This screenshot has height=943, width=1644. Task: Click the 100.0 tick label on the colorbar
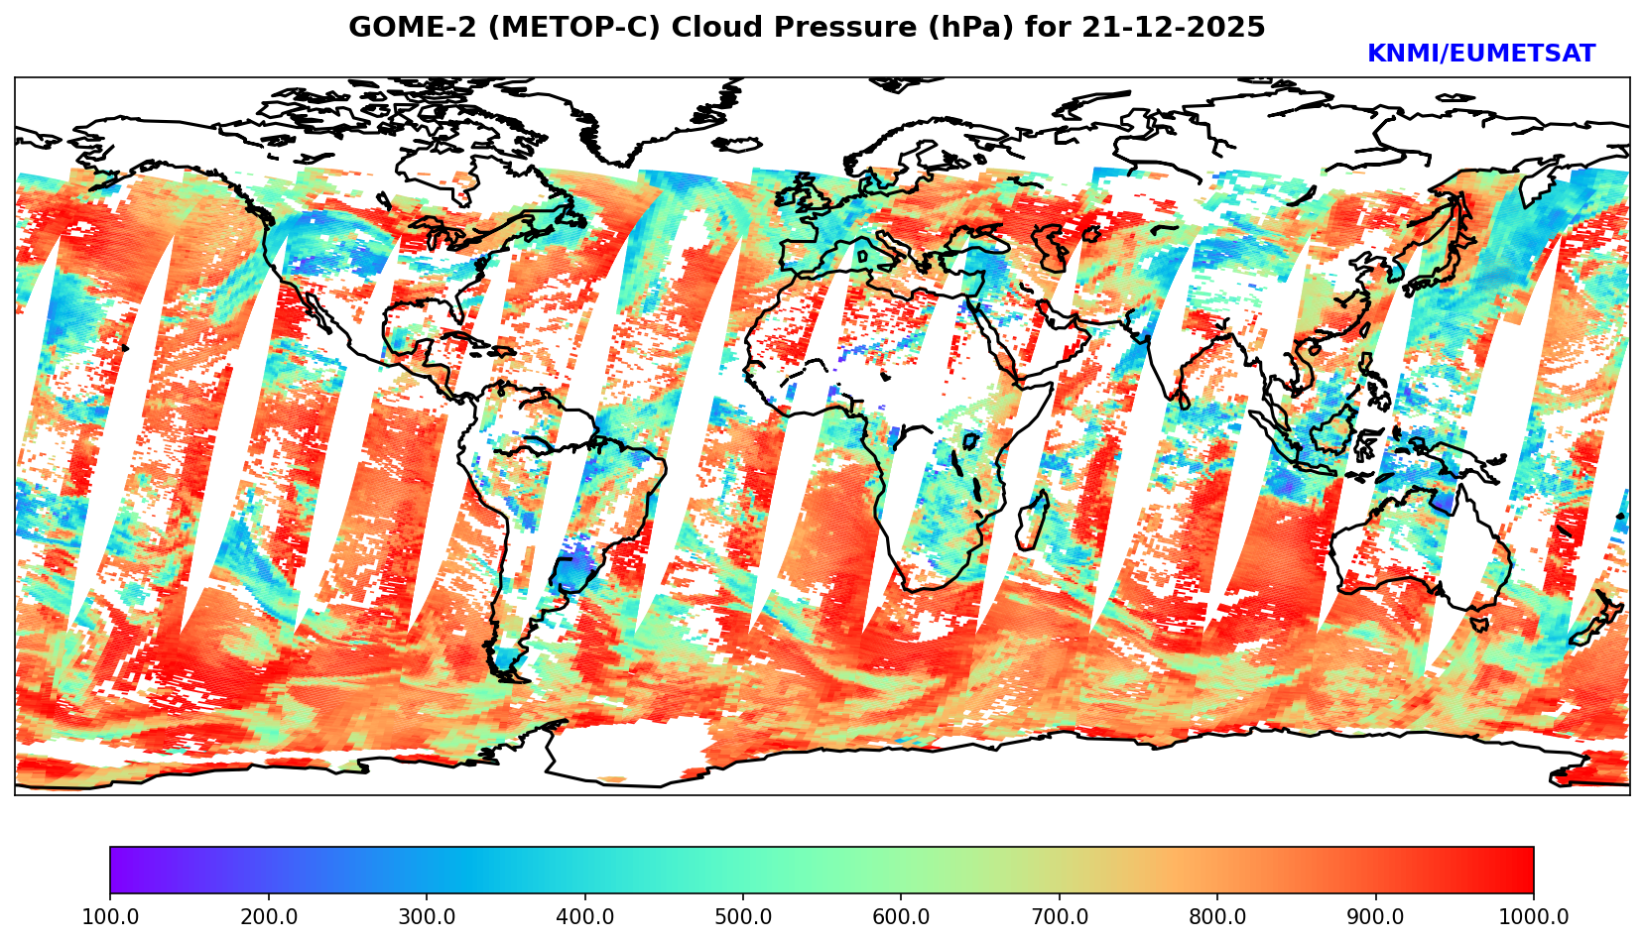[x=110, y=917]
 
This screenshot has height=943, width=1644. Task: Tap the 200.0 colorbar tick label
[x=268, y=917]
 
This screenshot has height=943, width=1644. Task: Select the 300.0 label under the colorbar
[x=427, y=917]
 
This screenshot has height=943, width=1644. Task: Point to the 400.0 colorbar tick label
[x=584, y=917]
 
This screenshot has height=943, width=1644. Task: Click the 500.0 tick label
[x=743, y=917]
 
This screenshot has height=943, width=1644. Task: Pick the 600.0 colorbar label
[x=901, y=917]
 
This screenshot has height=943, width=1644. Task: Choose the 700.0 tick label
[x=1060, y=917]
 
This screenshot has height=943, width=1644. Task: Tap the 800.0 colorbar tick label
[x=1217, y=917]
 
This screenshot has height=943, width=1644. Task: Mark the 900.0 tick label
[x=1376, y=917]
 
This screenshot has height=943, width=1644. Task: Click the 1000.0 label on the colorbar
[x=1534, y=917]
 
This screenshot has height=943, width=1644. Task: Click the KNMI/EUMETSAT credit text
[x=1480, y=55]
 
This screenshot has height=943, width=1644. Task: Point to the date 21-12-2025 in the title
[x=1174, y=28]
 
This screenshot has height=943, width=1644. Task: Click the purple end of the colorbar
[x=117, y=870]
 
